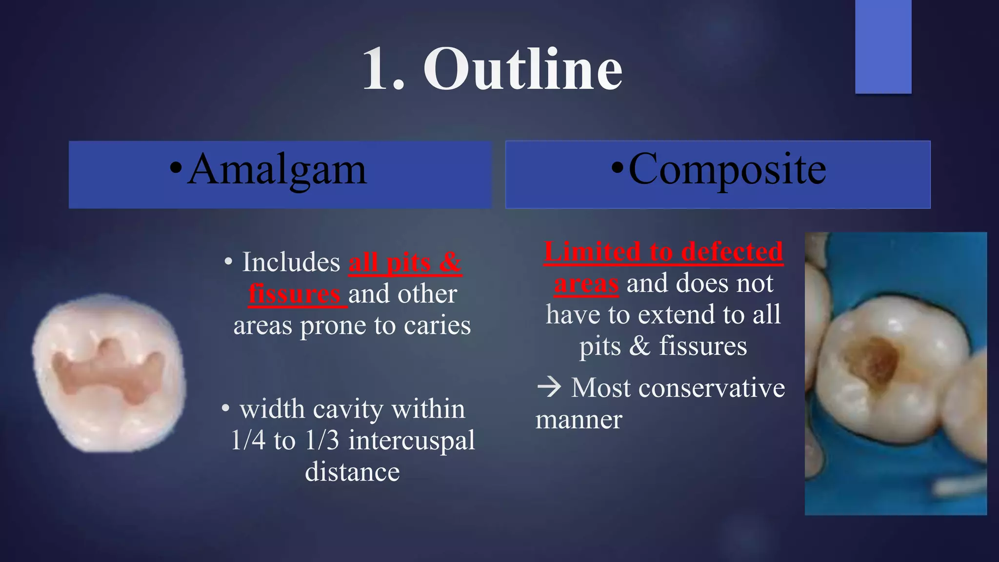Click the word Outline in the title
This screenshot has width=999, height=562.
[522, 69]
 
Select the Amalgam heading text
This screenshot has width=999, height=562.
[277, 170]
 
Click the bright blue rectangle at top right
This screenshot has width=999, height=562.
[883, 46]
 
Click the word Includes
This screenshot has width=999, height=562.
[291, 262]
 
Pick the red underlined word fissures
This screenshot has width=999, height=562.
[295, 294]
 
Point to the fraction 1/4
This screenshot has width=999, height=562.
[248, 441]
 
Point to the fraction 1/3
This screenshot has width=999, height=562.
[322, 441]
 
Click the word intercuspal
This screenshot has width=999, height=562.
[411, 441]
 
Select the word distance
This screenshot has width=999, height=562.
[352, 472]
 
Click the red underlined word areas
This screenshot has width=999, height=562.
[586, 283]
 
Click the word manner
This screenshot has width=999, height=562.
[579, 420]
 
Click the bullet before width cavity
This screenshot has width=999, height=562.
[225, 408]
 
